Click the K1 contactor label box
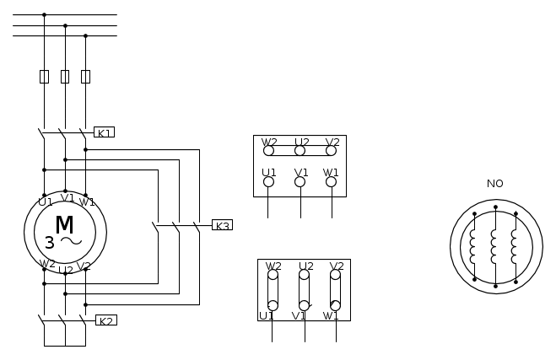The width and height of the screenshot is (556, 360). click(x=104, y=132)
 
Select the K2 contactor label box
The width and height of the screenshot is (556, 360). click(x=106, y=320)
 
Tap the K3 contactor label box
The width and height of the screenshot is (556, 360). click(x=223, y=225)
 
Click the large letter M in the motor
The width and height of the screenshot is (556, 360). click(x=64, y=224)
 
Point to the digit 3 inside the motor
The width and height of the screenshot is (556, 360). click(x=50, y=243)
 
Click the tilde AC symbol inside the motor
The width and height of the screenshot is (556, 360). click(x=71, y=241)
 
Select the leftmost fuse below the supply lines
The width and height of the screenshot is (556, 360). click(x=45, y=77)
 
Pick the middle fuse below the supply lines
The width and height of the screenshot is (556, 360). click(x=65, y=77)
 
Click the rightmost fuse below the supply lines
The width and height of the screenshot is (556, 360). click(x=85, y=77)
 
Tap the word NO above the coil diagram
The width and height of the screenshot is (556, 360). click(x=495, y=184)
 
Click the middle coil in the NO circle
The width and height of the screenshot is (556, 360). click(x=494, y=246)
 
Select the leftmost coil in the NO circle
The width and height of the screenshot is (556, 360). click(x=472, y=246)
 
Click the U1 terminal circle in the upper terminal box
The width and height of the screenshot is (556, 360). click(x=269, y=182)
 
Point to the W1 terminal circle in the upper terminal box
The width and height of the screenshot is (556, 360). click(x=331, y=182)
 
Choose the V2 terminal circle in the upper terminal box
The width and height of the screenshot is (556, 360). click(x=331, y=151)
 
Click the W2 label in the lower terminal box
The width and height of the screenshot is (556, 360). click(x=273, y=266)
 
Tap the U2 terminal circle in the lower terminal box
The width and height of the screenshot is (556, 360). click(x=304, y=275)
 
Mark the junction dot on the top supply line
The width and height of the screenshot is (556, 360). click(x=45, y=15)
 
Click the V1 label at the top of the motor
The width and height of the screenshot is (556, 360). click(x=67, y=198)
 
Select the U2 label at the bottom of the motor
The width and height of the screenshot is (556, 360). click(x=66, y=271)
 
